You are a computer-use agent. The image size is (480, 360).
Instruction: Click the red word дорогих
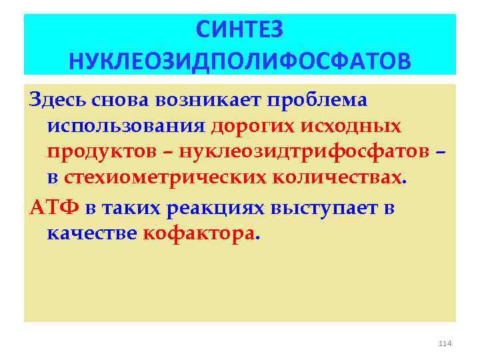pyautogui.click(x=250, y=126)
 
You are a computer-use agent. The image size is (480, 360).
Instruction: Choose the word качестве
pyautogui.click(x=91, y=234)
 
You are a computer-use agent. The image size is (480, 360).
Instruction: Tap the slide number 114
pyautogui.click(x=445, y=343)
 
